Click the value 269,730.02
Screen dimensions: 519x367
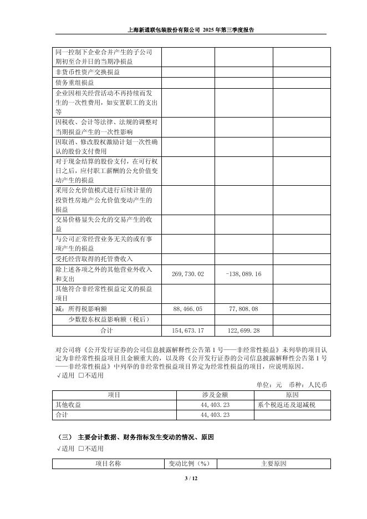click(x=188, y=274)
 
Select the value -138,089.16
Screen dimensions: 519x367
click(x=244, y=274)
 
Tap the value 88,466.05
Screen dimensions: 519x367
click(x=188, y=308)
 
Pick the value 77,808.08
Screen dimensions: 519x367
click(x=244, y=308)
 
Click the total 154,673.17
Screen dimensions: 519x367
click(x=188, y=330)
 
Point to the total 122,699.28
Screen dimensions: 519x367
click(x=244, y=330)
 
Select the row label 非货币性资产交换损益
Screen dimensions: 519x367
click(x=88, y=72)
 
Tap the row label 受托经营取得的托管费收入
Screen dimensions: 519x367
click(x=94, y=258)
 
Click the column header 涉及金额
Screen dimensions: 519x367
click(x=215, y=395)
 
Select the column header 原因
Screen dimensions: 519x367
click(x=292, y=395)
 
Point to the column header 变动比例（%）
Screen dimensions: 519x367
click(x=188, y=464)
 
